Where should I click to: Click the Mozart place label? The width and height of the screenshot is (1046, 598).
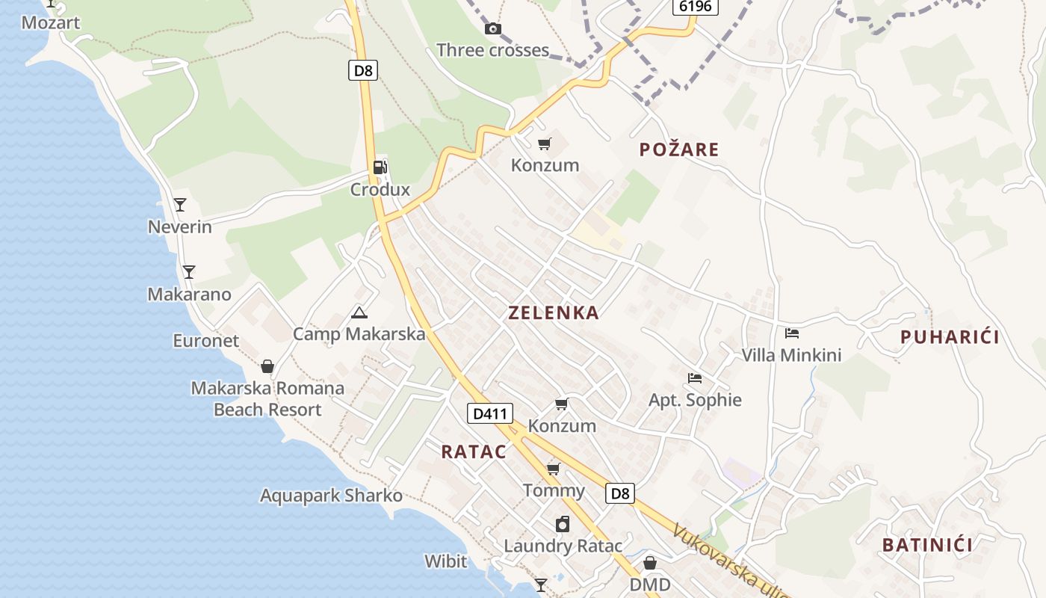[50, 22]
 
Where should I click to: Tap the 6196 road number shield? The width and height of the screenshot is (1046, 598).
[695, 7]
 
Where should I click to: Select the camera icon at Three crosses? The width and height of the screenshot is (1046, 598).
[493, 29]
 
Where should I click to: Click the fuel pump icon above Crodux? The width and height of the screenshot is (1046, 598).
[380, 167]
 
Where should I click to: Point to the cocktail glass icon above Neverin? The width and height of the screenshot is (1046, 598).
[180, 204]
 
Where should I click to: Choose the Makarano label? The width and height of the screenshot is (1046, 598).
[189, 294]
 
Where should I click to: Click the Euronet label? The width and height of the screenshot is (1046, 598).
[205, 341]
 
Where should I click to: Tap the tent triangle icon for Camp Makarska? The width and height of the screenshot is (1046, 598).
[359, 312]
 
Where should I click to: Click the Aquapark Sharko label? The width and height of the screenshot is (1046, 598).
[331, 496]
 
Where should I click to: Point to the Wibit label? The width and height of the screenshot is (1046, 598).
[445, 561]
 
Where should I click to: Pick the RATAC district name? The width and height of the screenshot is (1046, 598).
[474, 451]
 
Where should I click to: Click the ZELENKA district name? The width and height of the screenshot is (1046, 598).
[554, 313]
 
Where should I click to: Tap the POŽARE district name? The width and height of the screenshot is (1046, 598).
[679, 149]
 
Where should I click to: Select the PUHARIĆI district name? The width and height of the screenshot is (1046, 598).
[950, 337]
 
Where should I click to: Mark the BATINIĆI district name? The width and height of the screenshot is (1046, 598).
[927, 545]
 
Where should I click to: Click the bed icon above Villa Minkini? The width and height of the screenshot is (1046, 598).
[792, 333]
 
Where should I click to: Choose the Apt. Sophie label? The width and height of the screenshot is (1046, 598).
[695, 400]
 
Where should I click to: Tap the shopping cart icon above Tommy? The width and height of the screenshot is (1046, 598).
[554, 469]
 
